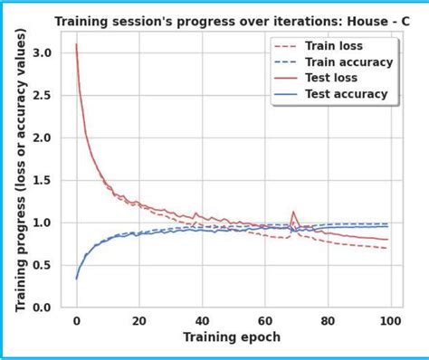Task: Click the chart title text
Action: pyautogui.click(x=230, y=20)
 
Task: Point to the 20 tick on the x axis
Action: pyautogui.click(x=138, y=320)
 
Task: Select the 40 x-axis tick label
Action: pyautogui.click(x=201, y=320)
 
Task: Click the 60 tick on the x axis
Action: pyautogui.click(x=264, y=320)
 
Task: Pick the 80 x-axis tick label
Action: pyautogui.click(x=327, y=320)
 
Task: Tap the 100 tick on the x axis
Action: pyautogui.click(x=389, y=320)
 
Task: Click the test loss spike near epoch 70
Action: pyautogui.click(x=293, y=213)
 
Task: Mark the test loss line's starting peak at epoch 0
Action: pyautogui.click(x=76, y=44)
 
